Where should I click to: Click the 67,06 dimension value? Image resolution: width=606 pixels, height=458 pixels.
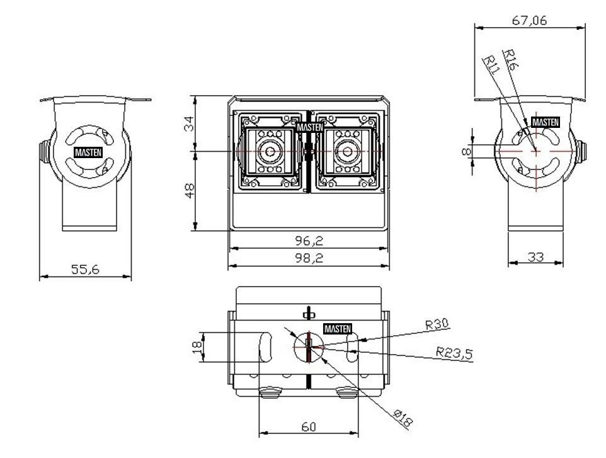(530, 20)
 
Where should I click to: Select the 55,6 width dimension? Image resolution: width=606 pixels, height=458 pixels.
(85, 270)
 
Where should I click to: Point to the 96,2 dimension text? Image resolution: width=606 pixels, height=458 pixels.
(309, 241)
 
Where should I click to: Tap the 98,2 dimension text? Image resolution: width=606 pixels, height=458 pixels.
(309, 258)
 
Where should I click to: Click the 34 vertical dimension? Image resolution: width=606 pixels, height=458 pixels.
(189, 124)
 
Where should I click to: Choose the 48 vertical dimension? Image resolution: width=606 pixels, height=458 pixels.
(190, 191)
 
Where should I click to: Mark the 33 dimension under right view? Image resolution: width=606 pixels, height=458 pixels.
(535, 257)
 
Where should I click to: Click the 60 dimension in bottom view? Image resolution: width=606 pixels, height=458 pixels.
(309, 427)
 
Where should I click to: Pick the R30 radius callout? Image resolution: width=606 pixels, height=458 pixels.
(438, 324)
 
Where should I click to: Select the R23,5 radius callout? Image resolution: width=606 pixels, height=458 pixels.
(455, 353)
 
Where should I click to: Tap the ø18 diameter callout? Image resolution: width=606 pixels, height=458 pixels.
(403, 418)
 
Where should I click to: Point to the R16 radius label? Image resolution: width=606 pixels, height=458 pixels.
(510, 59)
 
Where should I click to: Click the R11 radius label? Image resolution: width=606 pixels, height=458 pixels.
(491, 64)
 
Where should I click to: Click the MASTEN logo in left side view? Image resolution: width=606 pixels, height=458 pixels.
(88, 152)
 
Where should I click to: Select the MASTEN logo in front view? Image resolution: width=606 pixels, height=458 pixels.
(310, 127)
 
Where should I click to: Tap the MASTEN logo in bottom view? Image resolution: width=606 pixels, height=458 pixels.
(338, 329)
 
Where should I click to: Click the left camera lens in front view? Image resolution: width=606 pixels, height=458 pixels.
(270, 151)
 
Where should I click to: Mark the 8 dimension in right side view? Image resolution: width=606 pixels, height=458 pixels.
(467, 151)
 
